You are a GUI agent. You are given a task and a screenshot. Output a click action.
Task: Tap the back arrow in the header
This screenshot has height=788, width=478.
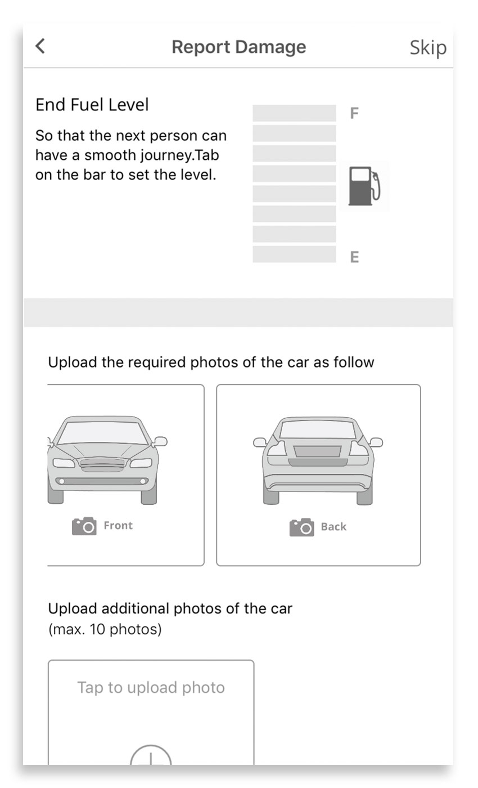(40, 46)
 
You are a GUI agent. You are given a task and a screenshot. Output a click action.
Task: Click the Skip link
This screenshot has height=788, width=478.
(428, 48)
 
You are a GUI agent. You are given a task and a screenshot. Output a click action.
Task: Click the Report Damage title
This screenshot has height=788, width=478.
(238, 47)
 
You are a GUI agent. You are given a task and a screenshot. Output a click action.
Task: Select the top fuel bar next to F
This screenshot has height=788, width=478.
(294, 113)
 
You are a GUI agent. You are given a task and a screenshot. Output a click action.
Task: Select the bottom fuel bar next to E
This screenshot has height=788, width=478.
(294, 254)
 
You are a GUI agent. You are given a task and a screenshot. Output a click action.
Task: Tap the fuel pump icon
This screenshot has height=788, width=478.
(364, 186)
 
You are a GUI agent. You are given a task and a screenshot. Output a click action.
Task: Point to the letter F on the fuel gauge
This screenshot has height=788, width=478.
(354, 113)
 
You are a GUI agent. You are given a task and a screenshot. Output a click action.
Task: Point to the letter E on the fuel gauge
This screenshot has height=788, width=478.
(355, 257)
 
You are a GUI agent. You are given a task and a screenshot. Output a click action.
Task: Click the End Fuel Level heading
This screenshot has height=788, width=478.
(92, 105)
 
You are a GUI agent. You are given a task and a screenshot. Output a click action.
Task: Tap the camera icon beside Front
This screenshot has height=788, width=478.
(84, 526)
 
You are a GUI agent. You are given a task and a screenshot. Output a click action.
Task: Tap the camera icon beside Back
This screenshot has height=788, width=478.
(301, 527)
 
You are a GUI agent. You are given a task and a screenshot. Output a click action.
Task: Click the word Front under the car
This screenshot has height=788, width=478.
(118, 525)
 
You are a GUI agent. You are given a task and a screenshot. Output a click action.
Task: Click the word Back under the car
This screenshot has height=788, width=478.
(333, 527)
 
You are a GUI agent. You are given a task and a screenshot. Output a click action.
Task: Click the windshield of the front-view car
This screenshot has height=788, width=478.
(102, 433)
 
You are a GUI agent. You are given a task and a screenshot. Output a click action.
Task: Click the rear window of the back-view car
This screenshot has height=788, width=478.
(318, 429)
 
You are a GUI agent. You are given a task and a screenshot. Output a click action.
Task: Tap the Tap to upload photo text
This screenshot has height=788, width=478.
(151, 688)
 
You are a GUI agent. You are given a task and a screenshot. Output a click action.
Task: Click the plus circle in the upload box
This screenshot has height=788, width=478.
(151, 746)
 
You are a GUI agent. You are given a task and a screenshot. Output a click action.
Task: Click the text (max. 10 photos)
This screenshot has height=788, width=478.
(105, 629)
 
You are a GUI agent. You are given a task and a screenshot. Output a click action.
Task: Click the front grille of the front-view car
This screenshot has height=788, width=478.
(102, 464)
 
